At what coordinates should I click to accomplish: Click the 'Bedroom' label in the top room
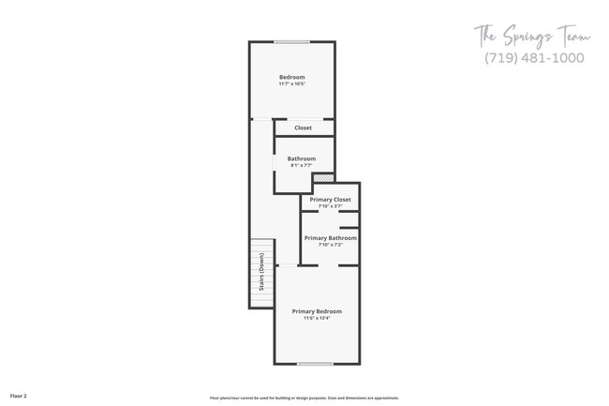coord(292,77)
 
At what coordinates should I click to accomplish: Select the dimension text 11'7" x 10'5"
coord(292,84)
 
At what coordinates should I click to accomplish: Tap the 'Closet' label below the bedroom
coord(303,128)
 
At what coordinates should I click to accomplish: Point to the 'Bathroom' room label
coord(301,158)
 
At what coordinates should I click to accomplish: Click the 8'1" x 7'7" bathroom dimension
coord(301,166)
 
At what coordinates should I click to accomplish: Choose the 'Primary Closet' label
coord(330,200)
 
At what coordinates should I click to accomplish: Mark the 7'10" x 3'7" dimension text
coord(330,206)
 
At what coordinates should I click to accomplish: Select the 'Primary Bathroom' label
coord(330,238)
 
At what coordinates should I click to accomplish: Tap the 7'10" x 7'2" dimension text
coord(330,246)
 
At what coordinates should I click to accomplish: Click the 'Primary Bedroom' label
coord(317,311)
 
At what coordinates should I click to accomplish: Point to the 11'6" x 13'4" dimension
coord(317,319)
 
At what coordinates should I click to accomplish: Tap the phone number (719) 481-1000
coord(534,58)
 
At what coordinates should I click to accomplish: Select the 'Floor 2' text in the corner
coord(19,397)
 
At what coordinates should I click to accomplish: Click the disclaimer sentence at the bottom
coord(304,398)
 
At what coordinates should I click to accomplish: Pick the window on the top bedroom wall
coord(292,41)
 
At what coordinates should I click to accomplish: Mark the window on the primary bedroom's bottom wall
coord(317,364)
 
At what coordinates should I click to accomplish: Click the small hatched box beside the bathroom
coord(323,177)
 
